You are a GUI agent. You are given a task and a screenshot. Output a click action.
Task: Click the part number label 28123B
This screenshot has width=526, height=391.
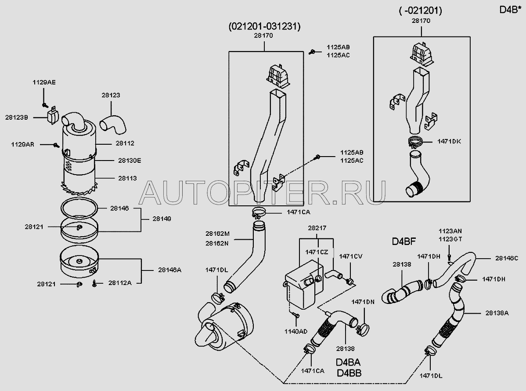[x=17, y=117]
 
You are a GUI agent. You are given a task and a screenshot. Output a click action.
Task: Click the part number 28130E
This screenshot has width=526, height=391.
[x=129, y=161]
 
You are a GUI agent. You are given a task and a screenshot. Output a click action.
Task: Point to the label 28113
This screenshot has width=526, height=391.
[x=127, y=178]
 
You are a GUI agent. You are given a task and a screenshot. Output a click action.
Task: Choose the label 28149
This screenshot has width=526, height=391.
[x=162, y=219]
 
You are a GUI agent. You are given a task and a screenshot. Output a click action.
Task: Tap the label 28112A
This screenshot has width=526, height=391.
[x=120, y=283]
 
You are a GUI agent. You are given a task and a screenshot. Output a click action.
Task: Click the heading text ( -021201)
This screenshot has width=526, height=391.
[x=420, y=11]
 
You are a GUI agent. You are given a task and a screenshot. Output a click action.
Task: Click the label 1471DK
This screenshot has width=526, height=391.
[x=449, y=141]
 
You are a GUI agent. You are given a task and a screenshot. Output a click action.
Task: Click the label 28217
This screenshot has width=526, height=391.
[x=316, y=228]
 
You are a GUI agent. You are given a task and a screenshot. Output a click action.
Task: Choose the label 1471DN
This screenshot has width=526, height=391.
[x=363, y=302]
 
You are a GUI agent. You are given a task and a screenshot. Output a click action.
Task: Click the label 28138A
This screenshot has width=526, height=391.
[x=497, y=313]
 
